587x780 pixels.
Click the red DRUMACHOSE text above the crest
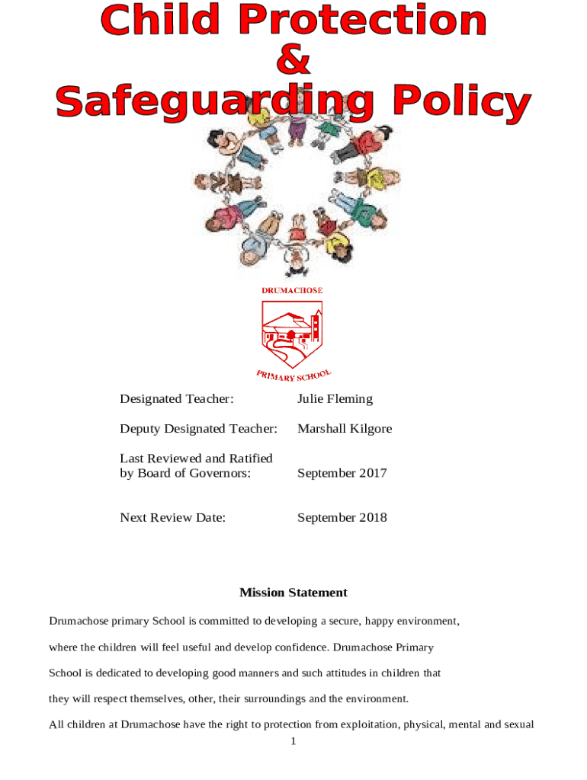pyautogui.click(x=292, y=290)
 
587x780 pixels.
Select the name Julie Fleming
pyautogui.click(x=335, y=399)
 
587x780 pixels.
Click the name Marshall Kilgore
pyautogui.click(x=345, y=429)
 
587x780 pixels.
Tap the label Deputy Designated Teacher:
pyautogui.click(x=198, y=429)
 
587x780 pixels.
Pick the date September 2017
pyautogui.click(x=342, y=473)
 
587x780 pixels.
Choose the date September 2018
pyautogui.click(x=342, y=518)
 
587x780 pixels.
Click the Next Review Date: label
pyautogui.click(x=172, y=518)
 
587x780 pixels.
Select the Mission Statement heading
pyautogui.click(x=293, y=593)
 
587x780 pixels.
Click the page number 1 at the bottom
pyautogui.click(x=293, y=741)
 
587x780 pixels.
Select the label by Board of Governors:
pyautogui.click(x=184, y=473)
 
